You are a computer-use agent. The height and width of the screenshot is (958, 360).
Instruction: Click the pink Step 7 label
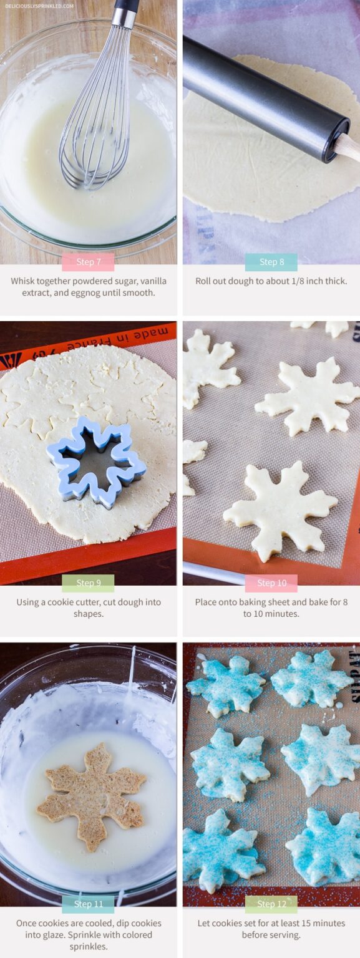coord(88,262)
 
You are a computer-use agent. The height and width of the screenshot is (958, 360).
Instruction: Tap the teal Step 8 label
coord(271,262)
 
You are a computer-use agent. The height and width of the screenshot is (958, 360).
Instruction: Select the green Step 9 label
coord(88,583)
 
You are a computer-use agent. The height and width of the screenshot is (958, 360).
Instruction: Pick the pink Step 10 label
coord(271,583)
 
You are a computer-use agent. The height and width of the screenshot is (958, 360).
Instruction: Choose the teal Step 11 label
coord(88,904)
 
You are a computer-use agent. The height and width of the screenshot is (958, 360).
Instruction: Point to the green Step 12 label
coord(271,904)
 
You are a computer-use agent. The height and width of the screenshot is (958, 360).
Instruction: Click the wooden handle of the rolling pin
coord(348,148)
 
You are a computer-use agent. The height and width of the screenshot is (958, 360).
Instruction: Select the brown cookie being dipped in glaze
coord(91,796)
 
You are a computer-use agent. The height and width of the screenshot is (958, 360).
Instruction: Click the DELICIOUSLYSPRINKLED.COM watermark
coord(39,6)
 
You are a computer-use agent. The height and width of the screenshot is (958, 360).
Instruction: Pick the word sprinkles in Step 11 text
coord(88,946)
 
